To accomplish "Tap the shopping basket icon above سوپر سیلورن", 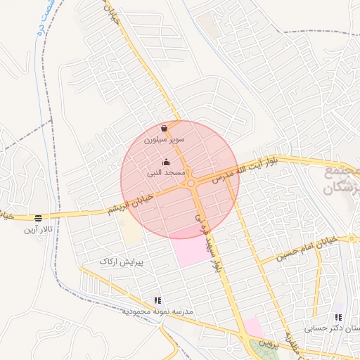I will (x=164, y=129).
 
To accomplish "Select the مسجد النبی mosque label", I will (x=166, y=172).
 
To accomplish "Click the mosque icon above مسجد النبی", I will (x=166, y=162).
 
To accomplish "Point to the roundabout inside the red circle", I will (x=191, y=184).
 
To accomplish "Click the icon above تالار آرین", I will (x=37, y=218).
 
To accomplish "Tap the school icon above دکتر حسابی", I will (x=338, y=317).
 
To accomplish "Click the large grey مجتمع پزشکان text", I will (x=342, y=181).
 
